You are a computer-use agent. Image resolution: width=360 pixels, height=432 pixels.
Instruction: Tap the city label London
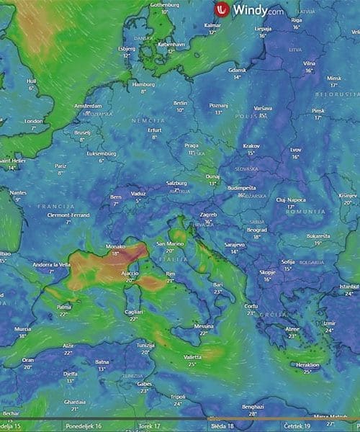click(34, 122)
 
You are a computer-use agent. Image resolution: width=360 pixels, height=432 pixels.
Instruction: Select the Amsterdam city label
click(88, 105)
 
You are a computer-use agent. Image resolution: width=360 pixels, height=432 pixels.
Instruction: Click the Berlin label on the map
click(181, 103)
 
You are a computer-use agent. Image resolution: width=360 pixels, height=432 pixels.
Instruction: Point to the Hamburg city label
click(143, 84)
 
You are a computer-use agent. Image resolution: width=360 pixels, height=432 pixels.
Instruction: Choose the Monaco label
click(116, 246)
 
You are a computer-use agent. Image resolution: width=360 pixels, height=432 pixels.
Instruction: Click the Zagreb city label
click(208, 215)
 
